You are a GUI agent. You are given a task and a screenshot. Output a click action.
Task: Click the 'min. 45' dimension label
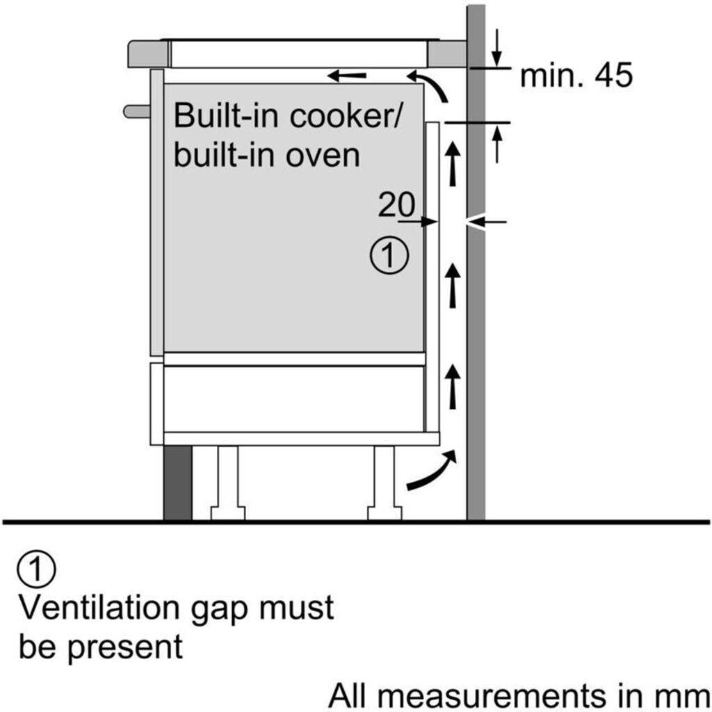(576, 75)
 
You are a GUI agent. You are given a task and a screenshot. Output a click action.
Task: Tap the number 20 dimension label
(396, 204)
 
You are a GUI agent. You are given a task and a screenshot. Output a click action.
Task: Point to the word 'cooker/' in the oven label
(345, 116)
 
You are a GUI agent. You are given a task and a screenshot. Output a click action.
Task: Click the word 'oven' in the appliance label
(323, 155)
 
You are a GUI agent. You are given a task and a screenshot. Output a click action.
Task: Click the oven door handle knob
(137, 111)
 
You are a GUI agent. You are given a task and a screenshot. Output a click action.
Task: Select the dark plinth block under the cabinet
(177, 483)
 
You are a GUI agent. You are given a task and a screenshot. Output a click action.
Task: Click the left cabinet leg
(228, 483)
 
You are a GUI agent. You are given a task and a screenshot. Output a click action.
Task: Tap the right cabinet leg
(384, 483)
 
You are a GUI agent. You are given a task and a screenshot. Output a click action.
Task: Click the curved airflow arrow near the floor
(431, 471)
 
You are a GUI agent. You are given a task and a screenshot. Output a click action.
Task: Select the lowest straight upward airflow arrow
(452, 387)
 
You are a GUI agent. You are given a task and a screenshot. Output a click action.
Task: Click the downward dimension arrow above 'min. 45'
(497, 48)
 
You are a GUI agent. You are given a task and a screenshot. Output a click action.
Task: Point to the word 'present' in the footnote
(125, 648)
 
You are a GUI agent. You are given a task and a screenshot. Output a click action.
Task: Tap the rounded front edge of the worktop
(149, 54)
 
